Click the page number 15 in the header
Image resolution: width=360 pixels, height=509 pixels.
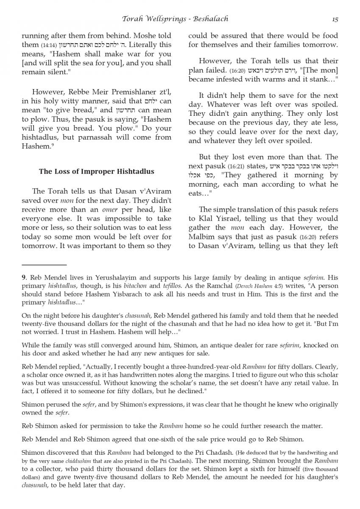point(335,20)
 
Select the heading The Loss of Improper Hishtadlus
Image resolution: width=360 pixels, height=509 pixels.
point(97,172)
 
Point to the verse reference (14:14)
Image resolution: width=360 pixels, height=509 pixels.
point(47,45)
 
